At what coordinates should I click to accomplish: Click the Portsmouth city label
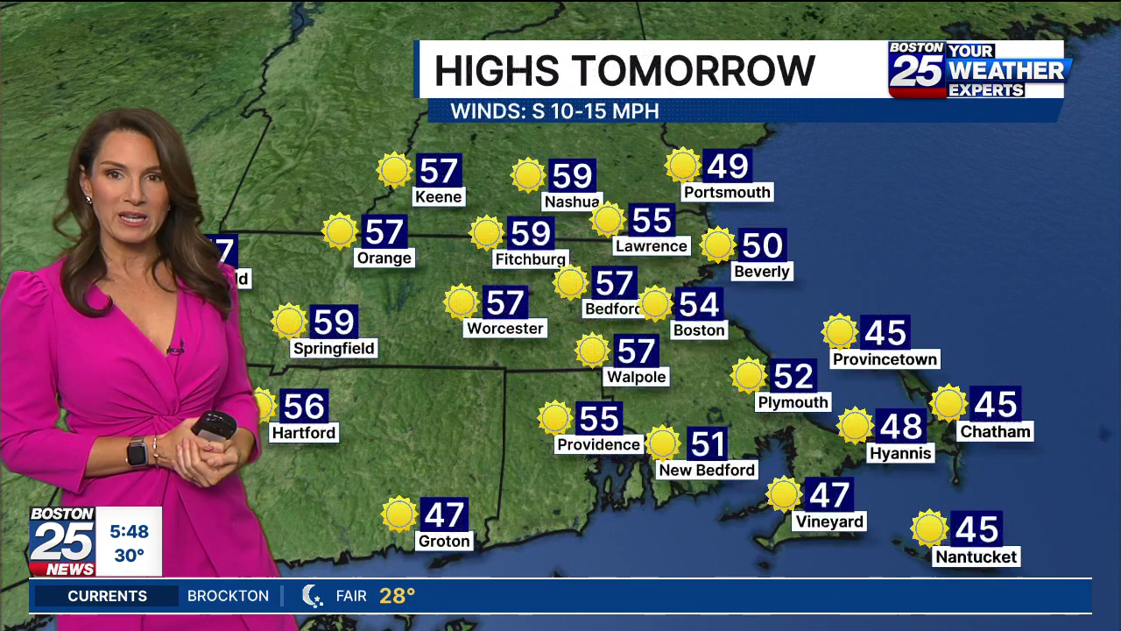[x=727, y=192]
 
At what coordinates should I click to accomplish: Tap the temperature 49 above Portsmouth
[x=727, y=166]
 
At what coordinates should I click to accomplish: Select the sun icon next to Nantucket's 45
[x=928, y=528]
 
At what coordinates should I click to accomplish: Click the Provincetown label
[x=885, y=359]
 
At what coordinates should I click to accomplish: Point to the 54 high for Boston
[x=699, y=304]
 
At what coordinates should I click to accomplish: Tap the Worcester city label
[x=504, y=329]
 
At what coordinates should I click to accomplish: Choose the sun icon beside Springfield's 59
[x=289, y=322]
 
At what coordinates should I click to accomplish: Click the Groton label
[x=444, y=541]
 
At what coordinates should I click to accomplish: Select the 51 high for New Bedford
[x=707, y=443]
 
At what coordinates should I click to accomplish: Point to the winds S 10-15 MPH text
[x=554, y=111]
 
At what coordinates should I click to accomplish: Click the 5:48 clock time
[x=129, y=531]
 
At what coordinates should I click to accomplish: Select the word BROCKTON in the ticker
[x=228, y=596]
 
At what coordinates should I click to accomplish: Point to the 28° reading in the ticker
[x=397, y=596]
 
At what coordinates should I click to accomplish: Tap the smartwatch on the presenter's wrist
[x=137, y=452]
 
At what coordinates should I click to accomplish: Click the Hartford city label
[x=303, y=433]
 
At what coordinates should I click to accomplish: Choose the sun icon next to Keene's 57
[x=394, y=170]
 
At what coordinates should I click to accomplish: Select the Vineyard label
[x=828, y=521]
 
